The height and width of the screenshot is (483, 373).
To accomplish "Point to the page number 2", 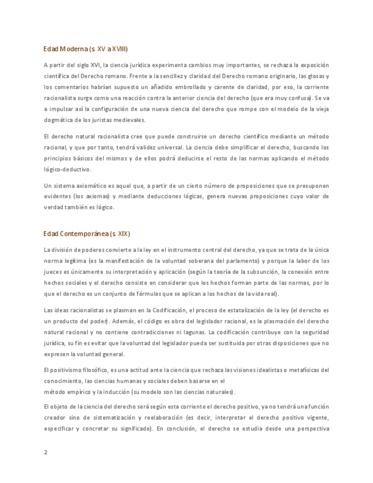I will [x=46, y=453].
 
